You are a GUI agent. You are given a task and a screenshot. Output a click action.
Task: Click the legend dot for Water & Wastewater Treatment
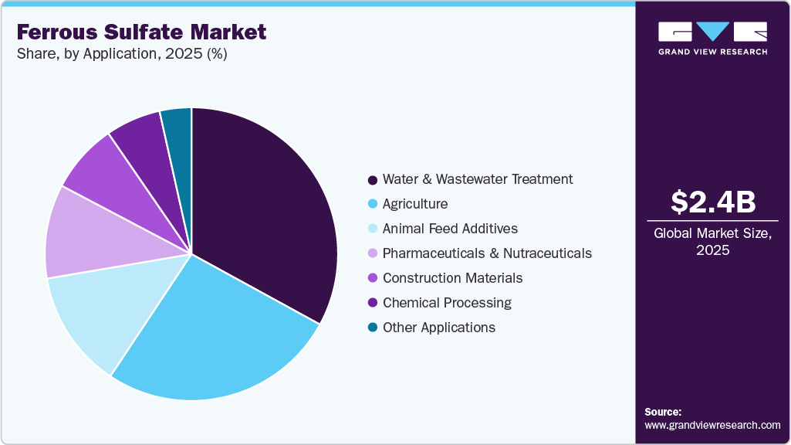click(373, 180)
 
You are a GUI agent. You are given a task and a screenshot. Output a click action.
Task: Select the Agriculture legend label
click(415, 204)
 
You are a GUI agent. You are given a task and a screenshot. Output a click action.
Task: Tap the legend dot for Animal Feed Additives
click(373, 229)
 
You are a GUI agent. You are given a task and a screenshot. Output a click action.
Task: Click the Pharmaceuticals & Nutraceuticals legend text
click(487, 253)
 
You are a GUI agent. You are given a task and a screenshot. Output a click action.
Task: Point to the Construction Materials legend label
click(452, 278)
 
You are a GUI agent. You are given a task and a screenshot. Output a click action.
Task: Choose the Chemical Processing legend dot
click(373, 303)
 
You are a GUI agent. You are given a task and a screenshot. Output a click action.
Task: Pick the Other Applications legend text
click(439, 328)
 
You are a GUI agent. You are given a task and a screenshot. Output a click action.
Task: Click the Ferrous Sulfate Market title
click(141, 32)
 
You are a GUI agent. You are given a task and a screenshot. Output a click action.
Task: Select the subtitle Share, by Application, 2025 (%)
click(122, 54)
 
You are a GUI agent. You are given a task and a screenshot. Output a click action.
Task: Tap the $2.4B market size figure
click(712, 202)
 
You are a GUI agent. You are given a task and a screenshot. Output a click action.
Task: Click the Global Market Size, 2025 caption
click(712, 242)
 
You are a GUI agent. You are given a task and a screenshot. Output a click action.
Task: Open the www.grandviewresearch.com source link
click(712, 425)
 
